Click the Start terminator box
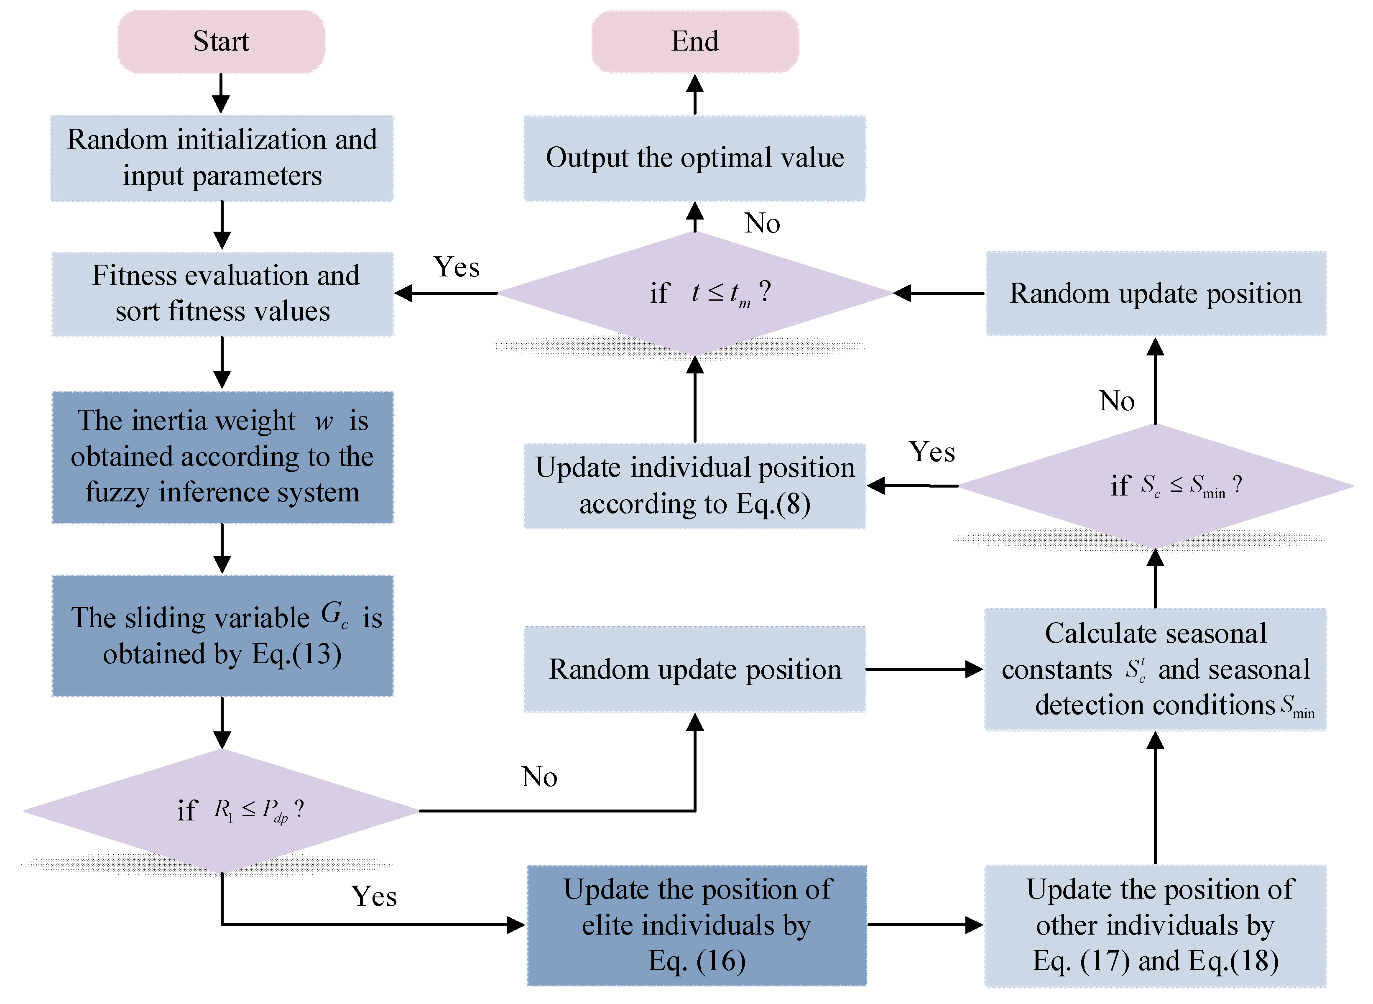[221, 41]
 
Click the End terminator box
[694, 41]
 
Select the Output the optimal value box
[694, 158]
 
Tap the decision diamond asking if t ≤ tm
[694, 293]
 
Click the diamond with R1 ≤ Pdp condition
[221, 811]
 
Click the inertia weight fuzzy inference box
[222, 457]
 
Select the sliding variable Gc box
[222, 636]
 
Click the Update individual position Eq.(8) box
[694, 485]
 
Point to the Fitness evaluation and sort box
[222, 294]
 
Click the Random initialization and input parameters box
[221, 158]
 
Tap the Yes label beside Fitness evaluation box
[456, 267]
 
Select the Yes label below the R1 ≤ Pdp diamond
[374, 897]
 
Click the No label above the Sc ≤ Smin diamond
[1116, 401]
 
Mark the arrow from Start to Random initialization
[221, 94]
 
